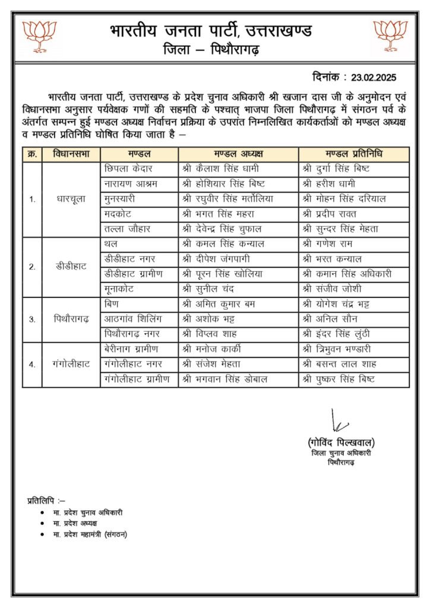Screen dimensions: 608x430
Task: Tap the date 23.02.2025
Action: coord(373,77)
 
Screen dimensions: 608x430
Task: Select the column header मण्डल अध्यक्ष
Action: coord(238,154)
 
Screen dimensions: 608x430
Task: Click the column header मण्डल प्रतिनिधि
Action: coord(353,154)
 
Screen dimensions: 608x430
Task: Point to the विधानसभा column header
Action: coord(71,154)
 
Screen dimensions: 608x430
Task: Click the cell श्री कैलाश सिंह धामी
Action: coord(223,169)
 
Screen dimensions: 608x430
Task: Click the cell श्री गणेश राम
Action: coord(328,244)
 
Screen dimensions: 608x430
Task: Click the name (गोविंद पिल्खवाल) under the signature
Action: coord(341,443)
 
